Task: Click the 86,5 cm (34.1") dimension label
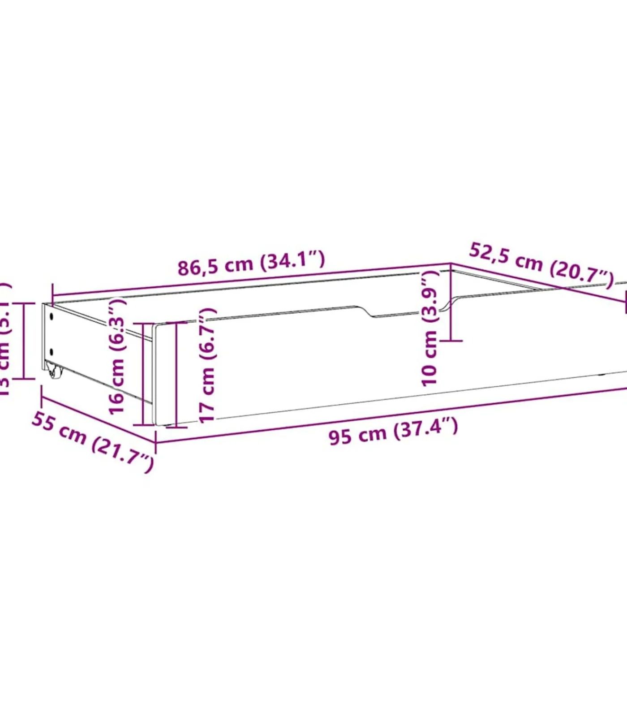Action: click(x=251, y=263)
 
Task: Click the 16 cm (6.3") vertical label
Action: click(x=117, y=357)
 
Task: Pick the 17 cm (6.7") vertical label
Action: click(x=207, y=365)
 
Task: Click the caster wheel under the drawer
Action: click(x=54, y=371)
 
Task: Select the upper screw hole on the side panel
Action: click(x=52, y=316)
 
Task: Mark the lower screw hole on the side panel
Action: click(x=51, y=352)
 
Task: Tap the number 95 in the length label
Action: click(x=339, y=436)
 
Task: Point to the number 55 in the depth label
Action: click(x=43, y=423)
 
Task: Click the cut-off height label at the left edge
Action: click(x=4, y=341)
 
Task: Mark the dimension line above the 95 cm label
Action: click(x=390, y=410)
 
